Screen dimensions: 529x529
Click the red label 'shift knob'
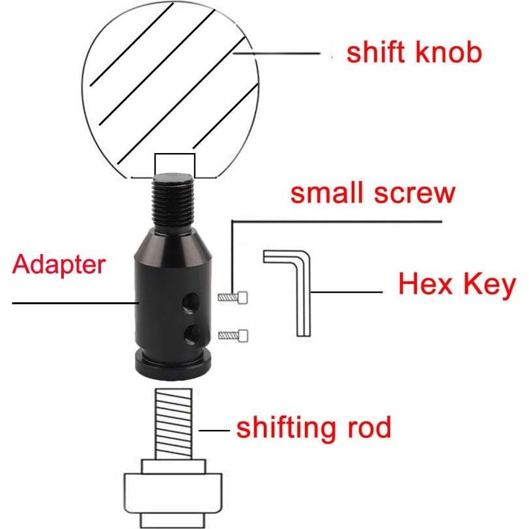(x=414, y=53)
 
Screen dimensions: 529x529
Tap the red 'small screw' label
(x=372, y=193)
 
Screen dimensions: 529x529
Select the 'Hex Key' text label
(x=457, y=285)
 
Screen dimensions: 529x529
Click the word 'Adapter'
(x=59, y=265)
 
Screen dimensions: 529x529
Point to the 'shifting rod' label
(x=313, y=429)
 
